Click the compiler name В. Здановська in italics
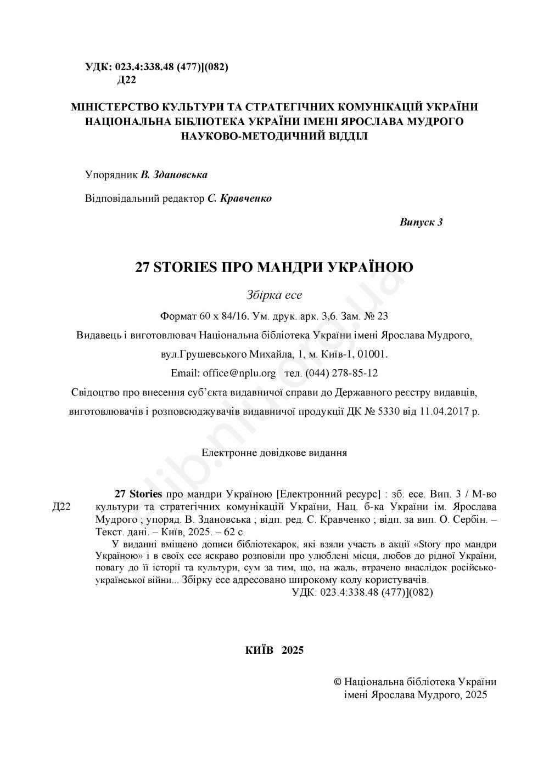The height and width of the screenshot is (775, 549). click(174, 175)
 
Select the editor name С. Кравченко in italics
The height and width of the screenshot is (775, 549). click(239, 199)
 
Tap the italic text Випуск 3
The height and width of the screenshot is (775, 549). click(421, 222)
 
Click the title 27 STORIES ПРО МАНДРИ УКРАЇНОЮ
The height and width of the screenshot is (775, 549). click(274, 268)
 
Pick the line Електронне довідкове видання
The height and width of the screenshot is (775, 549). click(274, 454)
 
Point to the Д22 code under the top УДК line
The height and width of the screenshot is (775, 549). click(126, 80)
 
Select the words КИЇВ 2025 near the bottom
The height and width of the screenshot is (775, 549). click(274, 650)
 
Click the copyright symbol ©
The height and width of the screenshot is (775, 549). click(338, 682)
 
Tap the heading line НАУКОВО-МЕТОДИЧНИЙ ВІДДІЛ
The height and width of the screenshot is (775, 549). click(274, 135)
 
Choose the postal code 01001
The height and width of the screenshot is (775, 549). click(374, 354)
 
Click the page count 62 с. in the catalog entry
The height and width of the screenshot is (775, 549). click(235, 532)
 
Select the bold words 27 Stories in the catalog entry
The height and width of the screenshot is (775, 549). click(138, 493)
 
